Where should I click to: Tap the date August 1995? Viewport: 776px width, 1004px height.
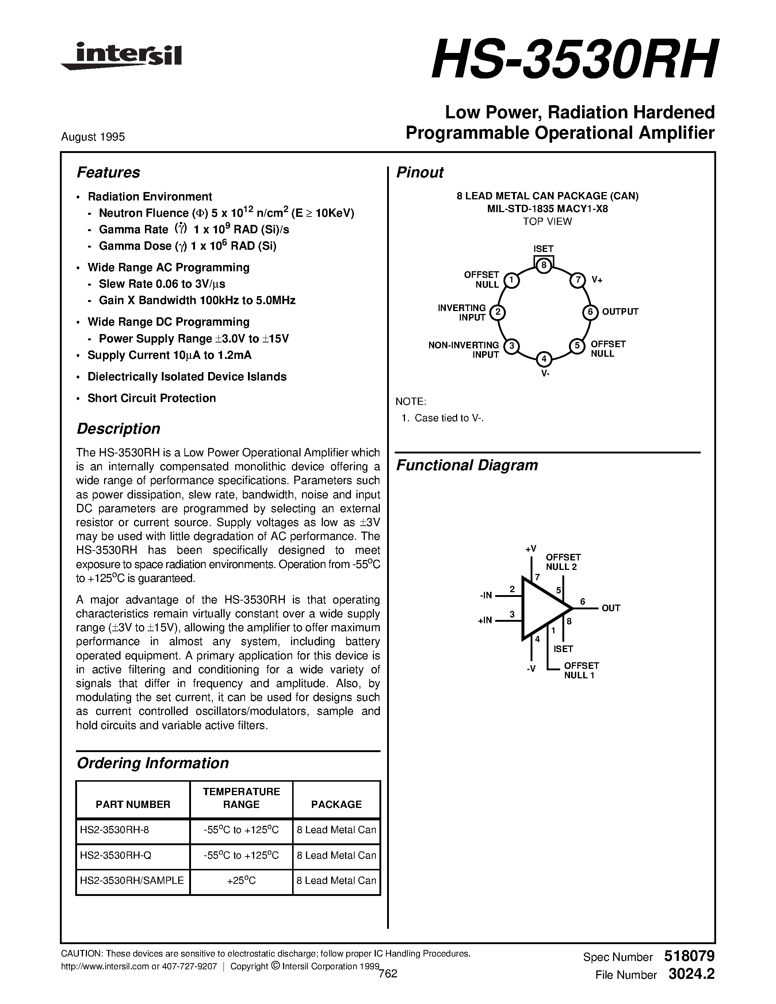click(x=93, y=137)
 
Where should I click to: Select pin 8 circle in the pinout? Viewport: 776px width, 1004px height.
click(x=543, y=265)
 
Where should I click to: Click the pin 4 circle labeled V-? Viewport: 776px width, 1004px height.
click(x=544, y=359)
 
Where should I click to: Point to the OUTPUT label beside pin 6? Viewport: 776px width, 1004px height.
click(x=620, y=312)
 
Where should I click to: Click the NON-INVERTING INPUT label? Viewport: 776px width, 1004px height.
click(x=463, y=350)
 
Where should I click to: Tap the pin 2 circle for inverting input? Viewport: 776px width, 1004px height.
click(x=497, y=313)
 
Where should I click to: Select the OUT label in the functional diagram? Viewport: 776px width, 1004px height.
click(x=611, y=608)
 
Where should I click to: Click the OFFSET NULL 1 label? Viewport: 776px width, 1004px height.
click(x=581, y=670)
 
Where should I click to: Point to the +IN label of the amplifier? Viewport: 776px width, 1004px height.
click(x=485, y=620)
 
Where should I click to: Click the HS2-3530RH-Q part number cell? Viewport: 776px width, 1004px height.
click(x=115, y=855)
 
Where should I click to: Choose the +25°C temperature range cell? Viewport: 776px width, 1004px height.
click(x=241, y=880)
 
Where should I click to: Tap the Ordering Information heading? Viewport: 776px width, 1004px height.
click(x=153, y=763)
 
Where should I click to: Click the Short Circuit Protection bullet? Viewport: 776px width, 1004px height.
click(x=151, y=398)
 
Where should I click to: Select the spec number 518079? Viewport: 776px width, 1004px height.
click(x=689, y=956)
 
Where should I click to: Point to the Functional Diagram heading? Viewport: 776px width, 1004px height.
click(x=467, y=465)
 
